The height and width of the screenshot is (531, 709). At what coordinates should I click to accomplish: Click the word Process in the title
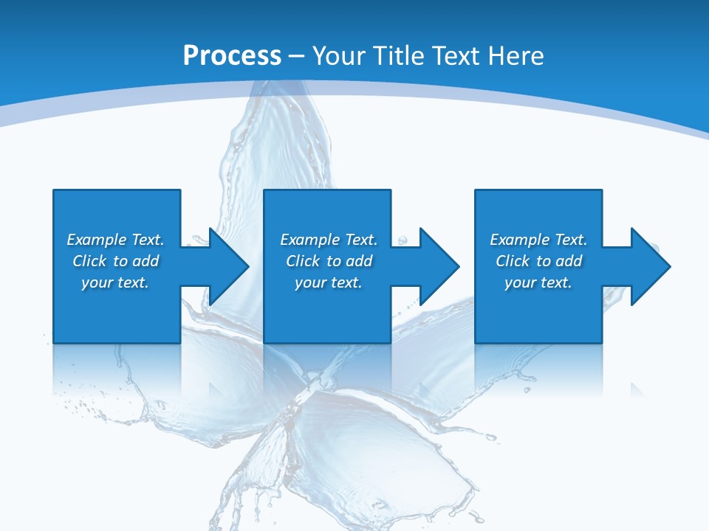coord(232,56)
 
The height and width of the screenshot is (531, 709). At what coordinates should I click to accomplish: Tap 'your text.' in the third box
coord(538,282)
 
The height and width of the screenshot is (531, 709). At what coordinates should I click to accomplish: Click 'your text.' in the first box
coord(115,282)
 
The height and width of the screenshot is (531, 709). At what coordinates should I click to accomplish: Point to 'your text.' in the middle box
coord(328,282)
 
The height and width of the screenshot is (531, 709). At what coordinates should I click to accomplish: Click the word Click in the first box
coord(90,261)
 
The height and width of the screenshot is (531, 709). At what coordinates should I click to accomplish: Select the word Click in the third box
coord(513,261)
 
